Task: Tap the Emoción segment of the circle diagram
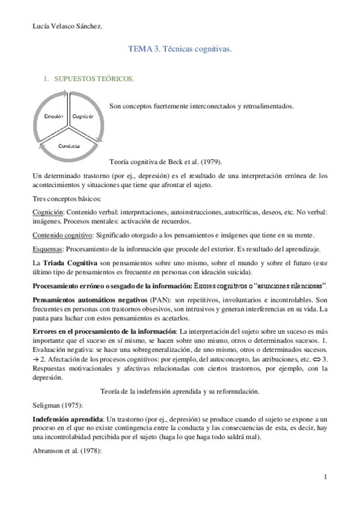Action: point(52,116)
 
